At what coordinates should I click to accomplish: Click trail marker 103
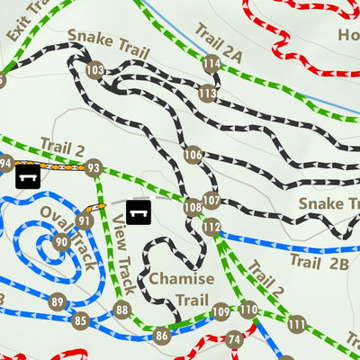(x=94, y=70)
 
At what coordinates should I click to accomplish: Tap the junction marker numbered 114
(x=211, y=64)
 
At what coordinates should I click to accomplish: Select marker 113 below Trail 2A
(x=208, y=93)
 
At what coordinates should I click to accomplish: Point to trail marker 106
(x=193, y=156)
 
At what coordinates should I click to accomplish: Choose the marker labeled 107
(x=211, y=200)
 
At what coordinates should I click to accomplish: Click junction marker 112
(x=211, y=227)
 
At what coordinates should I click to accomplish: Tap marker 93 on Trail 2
(x=93, y=167)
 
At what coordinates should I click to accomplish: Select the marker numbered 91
(x=85, y=220)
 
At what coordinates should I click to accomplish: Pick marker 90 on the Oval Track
(x=61, y=241)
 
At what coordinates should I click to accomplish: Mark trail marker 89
(x=58, y=301)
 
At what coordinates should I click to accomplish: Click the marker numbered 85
(x=80, y=319)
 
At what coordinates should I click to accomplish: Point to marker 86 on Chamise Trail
(x=162, y=336)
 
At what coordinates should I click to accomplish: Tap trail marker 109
(x=221, y=312)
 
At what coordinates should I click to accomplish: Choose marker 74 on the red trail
(x=235, y=339)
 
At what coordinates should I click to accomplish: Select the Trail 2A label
(x=219, y=41)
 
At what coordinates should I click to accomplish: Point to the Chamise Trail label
(x=182, y=288)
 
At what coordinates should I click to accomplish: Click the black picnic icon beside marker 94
(x=29, y=173)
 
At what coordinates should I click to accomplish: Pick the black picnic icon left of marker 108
(x=138, y=212)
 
